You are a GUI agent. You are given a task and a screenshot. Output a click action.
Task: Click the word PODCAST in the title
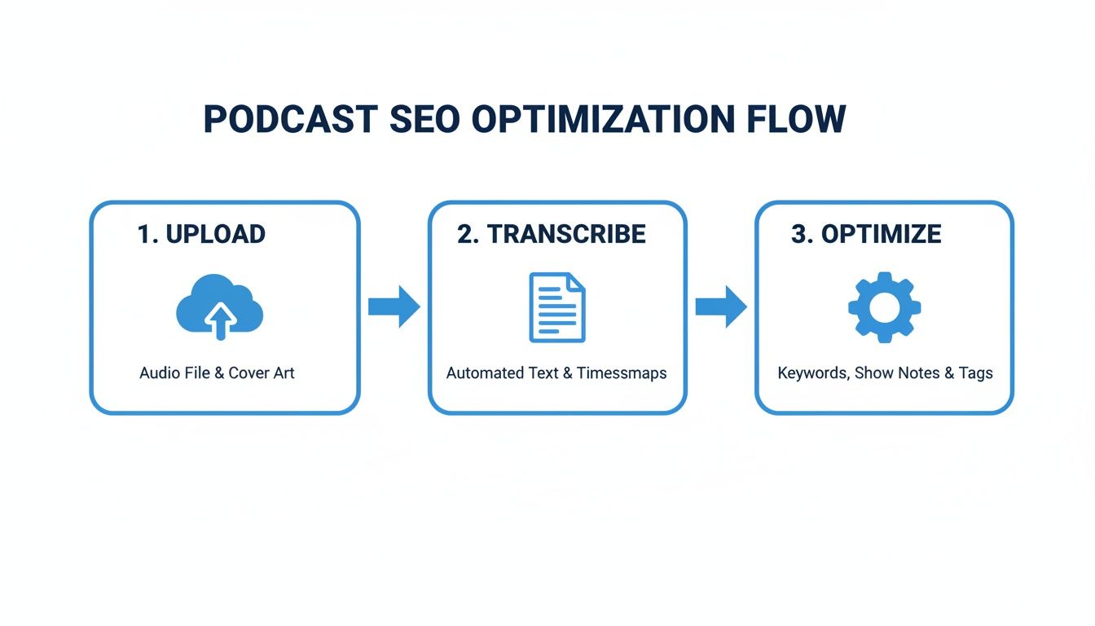(x=289, y=119)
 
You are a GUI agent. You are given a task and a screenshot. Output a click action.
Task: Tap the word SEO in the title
(x=424, y=119)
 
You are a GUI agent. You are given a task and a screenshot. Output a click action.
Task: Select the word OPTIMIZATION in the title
(x=604, y=119)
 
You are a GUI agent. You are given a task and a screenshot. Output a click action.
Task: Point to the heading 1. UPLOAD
(x=201, y=234)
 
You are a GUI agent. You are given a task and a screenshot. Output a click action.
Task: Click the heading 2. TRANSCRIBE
(x=552, y=234)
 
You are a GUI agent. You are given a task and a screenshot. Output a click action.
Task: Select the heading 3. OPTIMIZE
(x=866, y=234)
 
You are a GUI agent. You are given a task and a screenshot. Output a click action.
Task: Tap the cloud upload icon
(x=219, y=307)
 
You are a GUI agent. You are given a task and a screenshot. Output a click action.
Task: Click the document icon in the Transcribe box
(x=557, y=307)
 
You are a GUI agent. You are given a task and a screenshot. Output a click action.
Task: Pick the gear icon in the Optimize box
(x=884, y=307)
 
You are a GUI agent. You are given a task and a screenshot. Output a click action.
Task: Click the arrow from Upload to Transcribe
(x=394, y=306)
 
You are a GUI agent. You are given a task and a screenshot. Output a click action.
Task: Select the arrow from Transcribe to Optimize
(x=720, y=306)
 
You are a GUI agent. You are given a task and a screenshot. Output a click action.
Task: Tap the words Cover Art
(x=261, y=373)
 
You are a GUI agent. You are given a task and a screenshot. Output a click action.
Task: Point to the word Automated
(x=485, y=373)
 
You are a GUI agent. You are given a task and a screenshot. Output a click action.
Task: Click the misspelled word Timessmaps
(x=622, y=373)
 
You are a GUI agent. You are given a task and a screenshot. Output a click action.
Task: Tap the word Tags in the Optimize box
(x=975, y=373)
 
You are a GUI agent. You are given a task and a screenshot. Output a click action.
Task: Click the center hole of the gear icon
(x=884, y=307)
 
